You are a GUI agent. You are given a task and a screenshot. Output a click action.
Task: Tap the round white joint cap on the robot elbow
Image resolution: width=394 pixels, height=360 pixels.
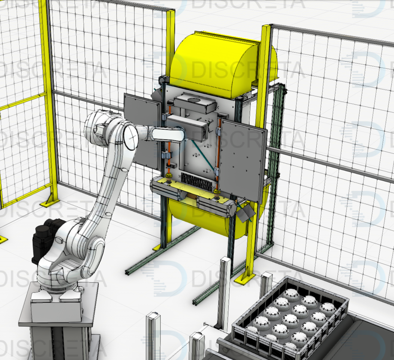(x=131, y=136)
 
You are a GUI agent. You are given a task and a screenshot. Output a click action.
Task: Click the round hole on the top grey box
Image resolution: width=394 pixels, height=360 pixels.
(x=193, y=100)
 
